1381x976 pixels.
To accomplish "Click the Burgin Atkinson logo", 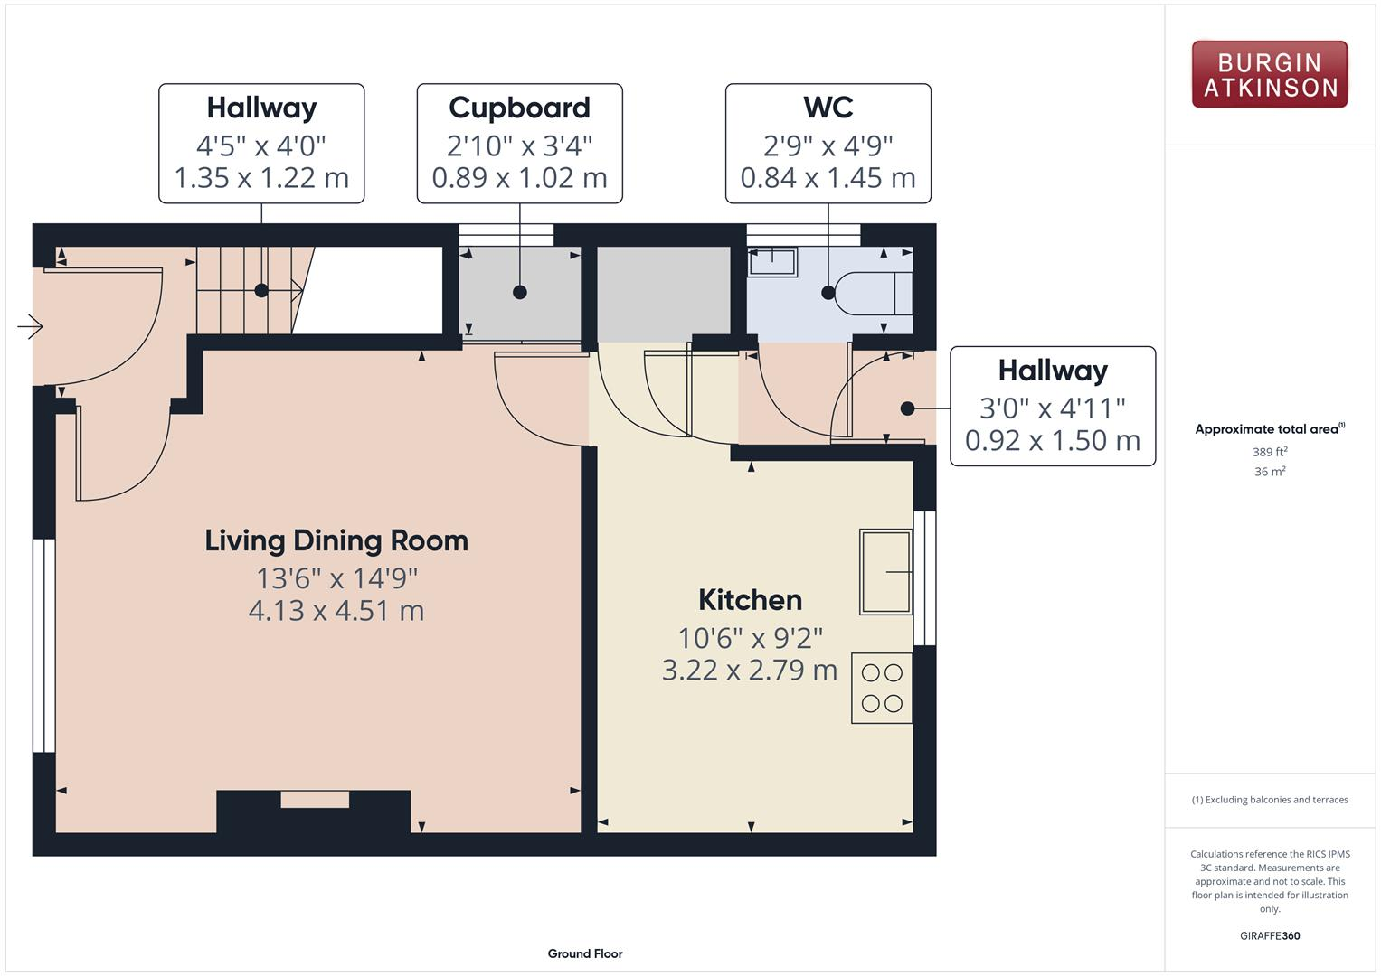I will point(1269,74).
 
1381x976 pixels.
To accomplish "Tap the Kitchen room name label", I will point(750,600).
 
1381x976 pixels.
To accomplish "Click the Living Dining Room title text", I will point(336,540).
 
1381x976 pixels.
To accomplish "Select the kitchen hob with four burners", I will point(882,689).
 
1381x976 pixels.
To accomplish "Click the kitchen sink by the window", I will point(885,571).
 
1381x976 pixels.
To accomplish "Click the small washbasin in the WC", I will point(771,262).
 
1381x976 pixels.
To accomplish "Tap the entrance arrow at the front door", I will point(31,326).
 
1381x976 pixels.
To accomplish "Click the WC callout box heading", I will point(828,108).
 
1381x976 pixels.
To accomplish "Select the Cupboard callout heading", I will point(519,108).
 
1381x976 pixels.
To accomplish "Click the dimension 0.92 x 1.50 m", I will point(1052,440).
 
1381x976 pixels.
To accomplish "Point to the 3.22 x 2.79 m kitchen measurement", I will point(750,670).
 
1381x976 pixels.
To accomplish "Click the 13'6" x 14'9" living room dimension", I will point(336,577).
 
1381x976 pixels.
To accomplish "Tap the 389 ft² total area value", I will point(1269,452).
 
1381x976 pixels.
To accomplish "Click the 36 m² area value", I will point(1269,471).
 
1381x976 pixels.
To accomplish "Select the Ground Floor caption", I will point(584,953).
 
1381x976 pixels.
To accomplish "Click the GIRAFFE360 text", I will point(1269,935).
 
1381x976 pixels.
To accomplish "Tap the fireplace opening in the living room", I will point(315,800).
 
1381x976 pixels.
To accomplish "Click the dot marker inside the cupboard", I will point(519,292).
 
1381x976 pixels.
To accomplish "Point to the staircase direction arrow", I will point(295,290).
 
